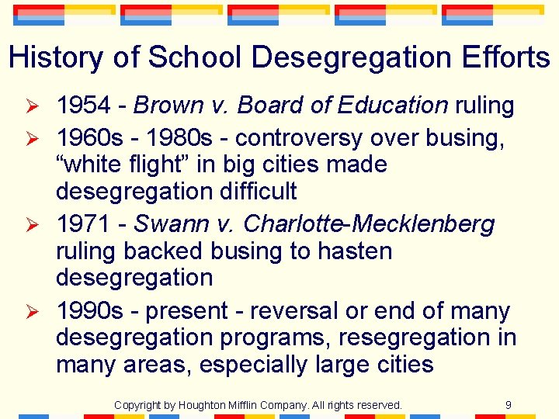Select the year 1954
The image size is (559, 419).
pos(83,106)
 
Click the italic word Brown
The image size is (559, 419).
pos(169,106)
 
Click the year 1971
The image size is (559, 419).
pos(83,224)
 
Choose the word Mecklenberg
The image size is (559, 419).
pos(423,224)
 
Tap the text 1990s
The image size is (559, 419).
pos(89,311)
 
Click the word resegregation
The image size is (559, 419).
pos(414,338)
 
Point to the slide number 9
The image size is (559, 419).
pos(508,404)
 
